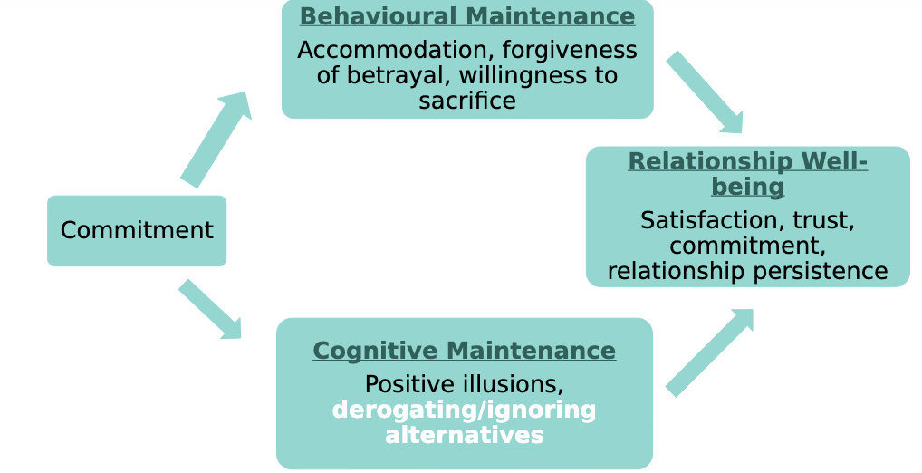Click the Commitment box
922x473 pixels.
[137, 231]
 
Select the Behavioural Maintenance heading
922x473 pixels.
[466, 16]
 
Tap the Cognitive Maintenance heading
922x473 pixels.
[464, 351]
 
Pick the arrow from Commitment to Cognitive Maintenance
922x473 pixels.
[210, 309]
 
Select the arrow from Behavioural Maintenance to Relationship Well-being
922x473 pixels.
[706, 93]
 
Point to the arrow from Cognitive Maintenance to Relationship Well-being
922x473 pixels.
[709, 352]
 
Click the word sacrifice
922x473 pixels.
[466, 101]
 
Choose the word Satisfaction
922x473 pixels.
[712, 220]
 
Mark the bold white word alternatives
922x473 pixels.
[464, 436]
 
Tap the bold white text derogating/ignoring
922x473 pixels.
[464, 410]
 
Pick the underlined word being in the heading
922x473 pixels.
[747, 188]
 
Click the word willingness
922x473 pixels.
[519, 75]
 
